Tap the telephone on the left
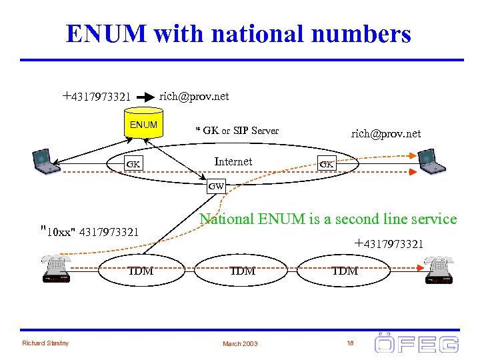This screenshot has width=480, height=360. (x=55, y=269)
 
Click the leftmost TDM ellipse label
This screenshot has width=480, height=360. (x=141, y=271)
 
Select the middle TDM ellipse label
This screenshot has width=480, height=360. (x=243, y=271)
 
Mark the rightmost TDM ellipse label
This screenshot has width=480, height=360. (x=345, y=271)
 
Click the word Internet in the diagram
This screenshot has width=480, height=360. (x=233, y=161)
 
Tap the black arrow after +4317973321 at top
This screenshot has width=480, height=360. (x=145, y=97)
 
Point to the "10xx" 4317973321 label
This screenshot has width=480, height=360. (x=90, y=232)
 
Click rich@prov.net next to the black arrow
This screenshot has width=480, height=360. (x=194, y=97)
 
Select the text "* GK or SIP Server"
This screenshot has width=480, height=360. (x=237, y=131)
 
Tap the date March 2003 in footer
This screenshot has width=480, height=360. (x=241, y=344)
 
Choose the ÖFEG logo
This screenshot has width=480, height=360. (x=416, y=343)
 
